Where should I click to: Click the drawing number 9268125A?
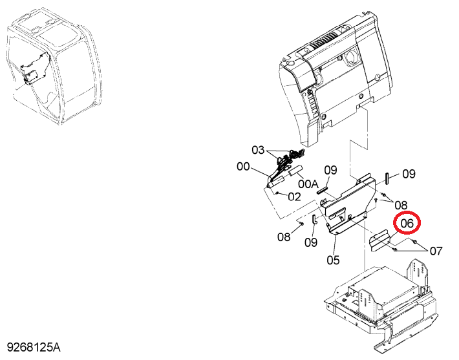coord(34,348)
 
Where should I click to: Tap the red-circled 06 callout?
coord(407,223)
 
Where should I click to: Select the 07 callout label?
coord(436,251)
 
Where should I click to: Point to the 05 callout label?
coord(333,260)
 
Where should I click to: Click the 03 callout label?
coord(258,150)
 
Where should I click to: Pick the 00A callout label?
coord(308,184)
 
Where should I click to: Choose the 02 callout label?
coord(294,196)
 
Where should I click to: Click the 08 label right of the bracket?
coord(401,205)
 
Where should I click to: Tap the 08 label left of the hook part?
coord(284,237)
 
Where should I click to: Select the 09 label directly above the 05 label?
coord(331,170)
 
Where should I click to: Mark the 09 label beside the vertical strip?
coord(409,174)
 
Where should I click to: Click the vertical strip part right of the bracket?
coord(387,178)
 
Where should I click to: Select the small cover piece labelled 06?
coord(379,240)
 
